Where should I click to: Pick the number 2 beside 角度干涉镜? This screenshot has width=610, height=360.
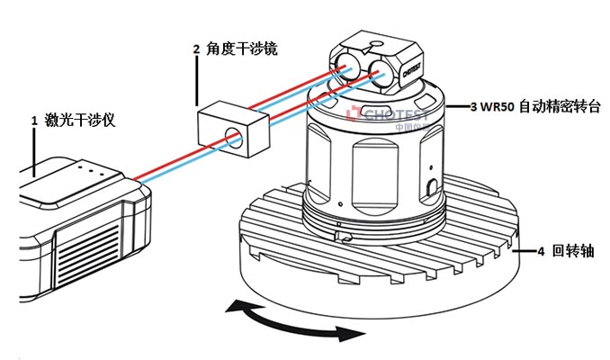196,49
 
